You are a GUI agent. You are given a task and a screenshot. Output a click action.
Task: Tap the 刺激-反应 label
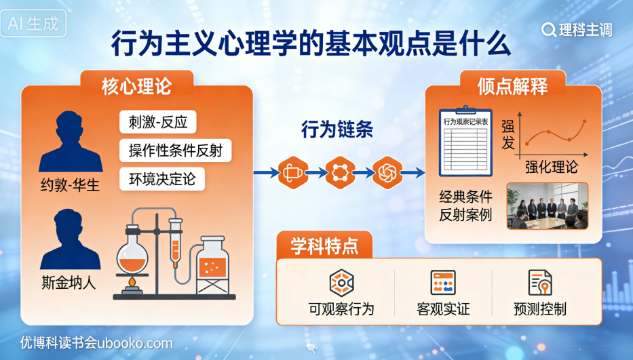(x=157, y=122)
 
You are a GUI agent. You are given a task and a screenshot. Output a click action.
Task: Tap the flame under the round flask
(x=132, y=280)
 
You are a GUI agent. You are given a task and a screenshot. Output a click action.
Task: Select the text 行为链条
(x=337, y=130)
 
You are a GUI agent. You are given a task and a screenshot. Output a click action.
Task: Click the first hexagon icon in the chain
(x=293, y=173)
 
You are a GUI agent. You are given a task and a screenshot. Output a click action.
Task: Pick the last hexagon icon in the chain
(x=387, y=173)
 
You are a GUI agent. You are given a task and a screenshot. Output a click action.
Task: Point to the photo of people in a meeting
(x=547, y=206)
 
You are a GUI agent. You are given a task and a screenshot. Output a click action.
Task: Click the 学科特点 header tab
(x=324, y=245)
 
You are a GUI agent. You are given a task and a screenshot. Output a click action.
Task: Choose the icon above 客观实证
(x=442, y=282)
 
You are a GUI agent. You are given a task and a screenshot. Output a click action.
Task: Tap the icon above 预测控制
(x=540, y=282)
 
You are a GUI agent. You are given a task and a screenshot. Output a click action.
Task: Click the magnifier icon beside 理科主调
(x=549, y=29)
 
